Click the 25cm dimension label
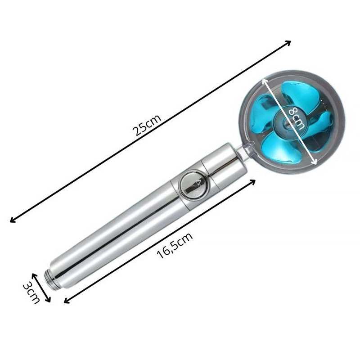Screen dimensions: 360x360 (x=147, y=126)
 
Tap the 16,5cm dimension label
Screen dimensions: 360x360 (x=175, y=245)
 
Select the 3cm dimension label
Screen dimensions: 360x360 (x=31, y=293)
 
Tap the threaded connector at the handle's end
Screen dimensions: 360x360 (x=51, y=279)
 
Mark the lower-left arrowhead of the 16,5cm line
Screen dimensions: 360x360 (x=67, y=301)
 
